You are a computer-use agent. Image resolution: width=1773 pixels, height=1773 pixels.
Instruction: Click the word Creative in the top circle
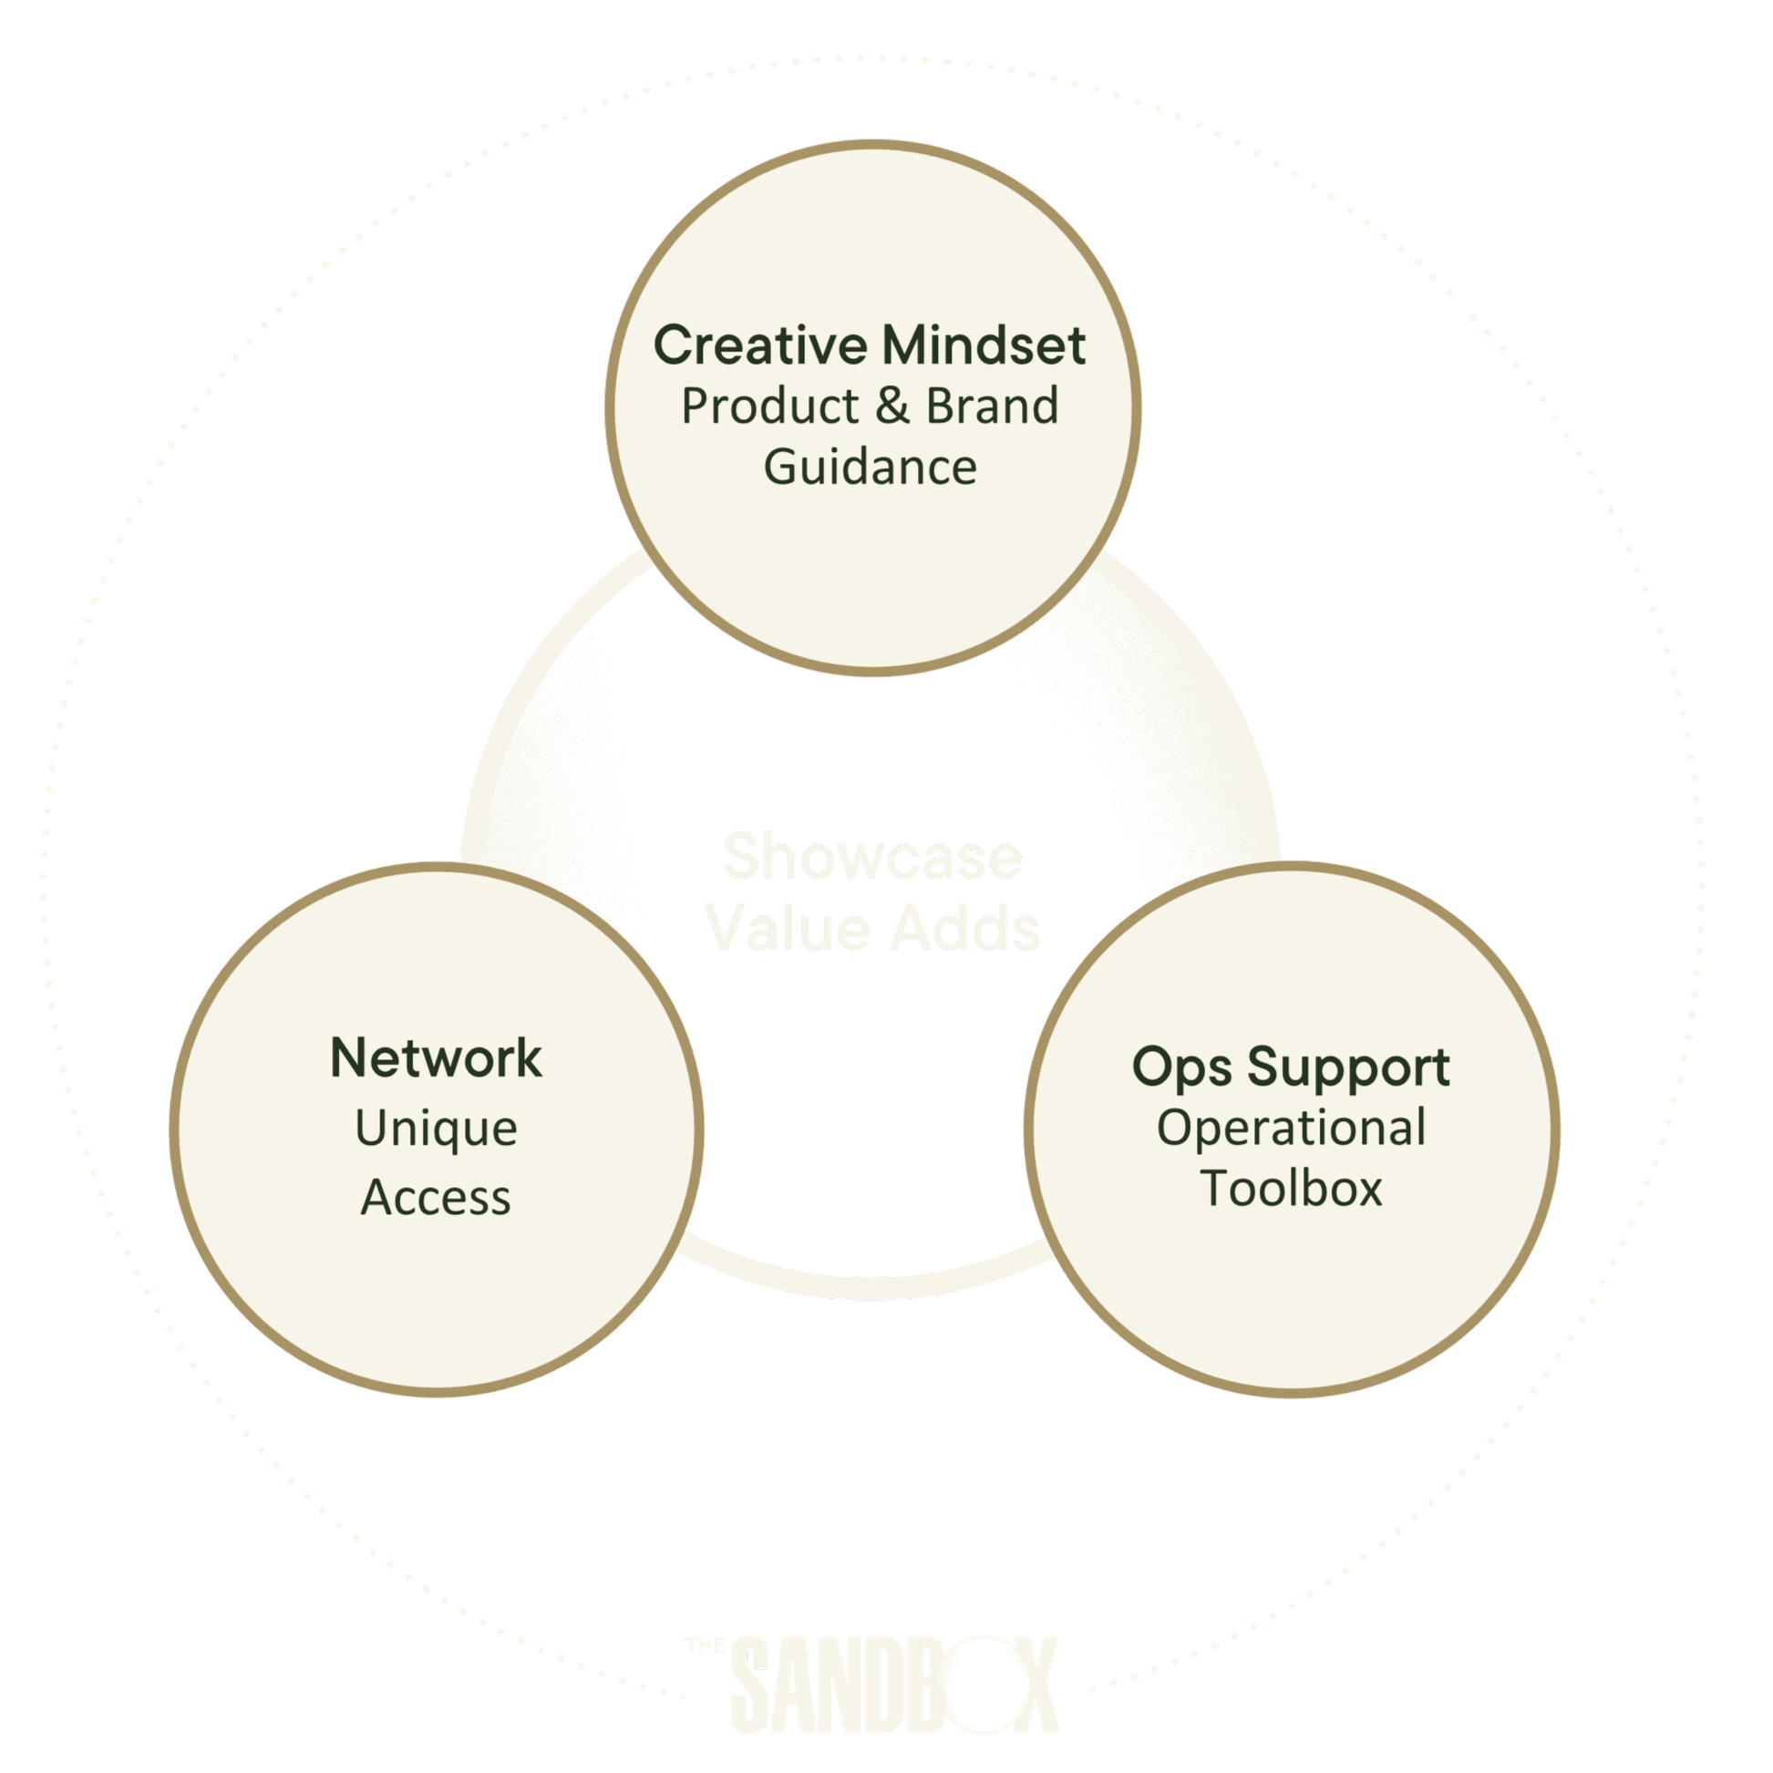(760, 346)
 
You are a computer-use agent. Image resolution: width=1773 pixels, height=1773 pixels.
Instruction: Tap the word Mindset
(983, 346)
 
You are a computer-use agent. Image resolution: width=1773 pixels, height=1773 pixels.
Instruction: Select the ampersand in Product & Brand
(892, 407)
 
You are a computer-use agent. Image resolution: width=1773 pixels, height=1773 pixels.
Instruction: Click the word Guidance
(870, 467)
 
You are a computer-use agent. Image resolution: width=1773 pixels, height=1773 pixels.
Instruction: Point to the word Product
(770, 407)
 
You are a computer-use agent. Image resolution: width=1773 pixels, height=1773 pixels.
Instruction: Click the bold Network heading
(436, 1058)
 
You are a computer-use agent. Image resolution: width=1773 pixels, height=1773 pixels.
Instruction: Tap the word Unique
(436, 1129)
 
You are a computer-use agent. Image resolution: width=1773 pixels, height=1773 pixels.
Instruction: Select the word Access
(436, 1198)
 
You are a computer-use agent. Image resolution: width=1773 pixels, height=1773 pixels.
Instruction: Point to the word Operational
(1291, 1128)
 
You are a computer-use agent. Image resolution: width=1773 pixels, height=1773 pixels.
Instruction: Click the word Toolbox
(1291, 1189)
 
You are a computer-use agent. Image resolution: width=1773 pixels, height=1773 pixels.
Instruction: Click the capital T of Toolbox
(1217, 1189)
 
